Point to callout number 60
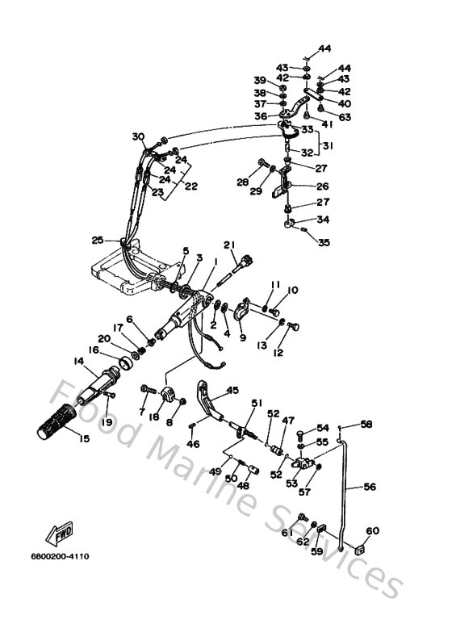(x=372, y=531)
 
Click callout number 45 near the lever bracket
(x=232, y=390)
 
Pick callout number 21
(x=228, y=245)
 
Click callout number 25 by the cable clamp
(x=98, y=240)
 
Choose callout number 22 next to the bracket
(x=191, y=186)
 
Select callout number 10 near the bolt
(x=293, y=290)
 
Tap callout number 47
(x=288, y=421)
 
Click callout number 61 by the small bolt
(x=287, y=532)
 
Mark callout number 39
(x=259, y=80)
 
